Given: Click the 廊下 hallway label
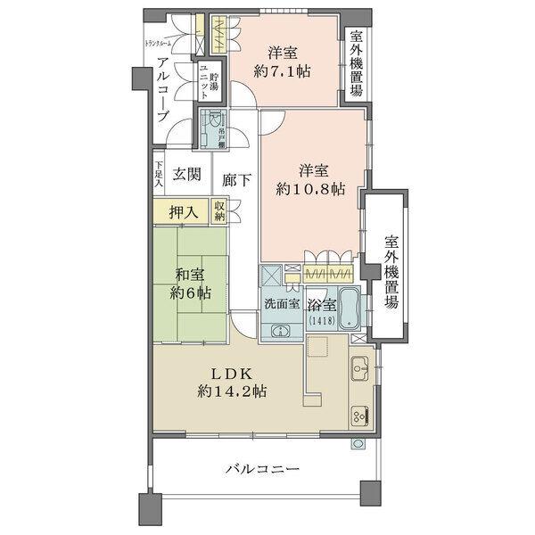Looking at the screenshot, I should pyautogui.click(x=235, y=177).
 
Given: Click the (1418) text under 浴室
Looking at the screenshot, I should pyautogui.click(x=318, y=320).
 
